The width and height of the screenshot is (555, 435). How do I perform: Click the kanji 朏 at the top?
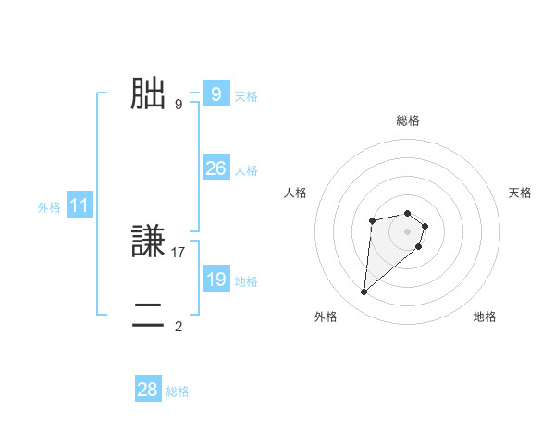(x=148, y=93)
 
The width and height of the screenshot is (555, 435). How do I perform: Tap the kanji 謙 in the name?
(x=148, y=242)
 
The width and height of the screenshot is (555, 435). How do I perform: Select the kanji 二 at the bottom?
(x=148, y=316)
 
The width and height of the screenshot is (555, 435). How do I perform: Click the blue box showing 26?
(x=216, y=168)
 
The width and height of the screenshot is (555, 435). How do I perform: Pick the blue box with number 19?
(x=216, y=280)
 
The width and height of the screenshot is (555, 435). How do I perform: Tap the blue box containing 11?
(x=79, y=206)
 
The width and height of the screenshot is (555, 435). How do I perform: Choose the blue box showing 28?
(x=147, y=390)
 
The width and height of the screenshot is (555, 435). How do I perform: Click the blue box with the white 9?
(x=216, y=94)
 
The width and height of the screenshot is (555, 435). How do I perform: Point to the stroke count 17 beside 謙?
(x=179, y=252)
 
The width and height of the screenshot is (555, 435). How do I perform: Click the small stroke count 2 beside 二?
(x=179, y=326)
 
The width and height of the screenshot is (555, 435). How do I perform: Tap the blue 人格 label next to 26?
(x=246, y=170)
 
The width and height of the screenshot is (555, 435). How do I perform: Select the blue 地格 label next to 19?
(x=246, y=281)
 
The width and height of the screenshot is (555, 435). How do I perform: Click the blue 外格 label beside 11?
(x=49, y=208)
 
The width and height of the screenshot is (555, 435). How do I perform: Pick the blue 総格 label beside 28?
(x=178, y=391)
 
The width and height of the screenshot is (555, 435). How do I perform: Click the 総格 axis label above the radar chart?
(x=408, y=120)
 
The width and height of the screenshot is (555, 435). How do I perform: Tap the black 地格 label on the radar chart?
(x=485, y=317)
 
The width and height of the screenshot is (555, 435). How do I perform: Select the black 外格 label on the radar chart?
(x=326, y=317)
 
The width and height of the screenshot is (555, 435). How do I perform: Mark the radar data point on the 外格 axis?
(x=364, y=292)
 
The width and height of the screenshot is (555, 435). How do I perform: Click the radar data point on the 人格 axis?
(x=372, y=220)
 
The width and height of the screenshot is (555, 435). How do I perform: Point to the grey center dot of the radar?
(x=408, y=231)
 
